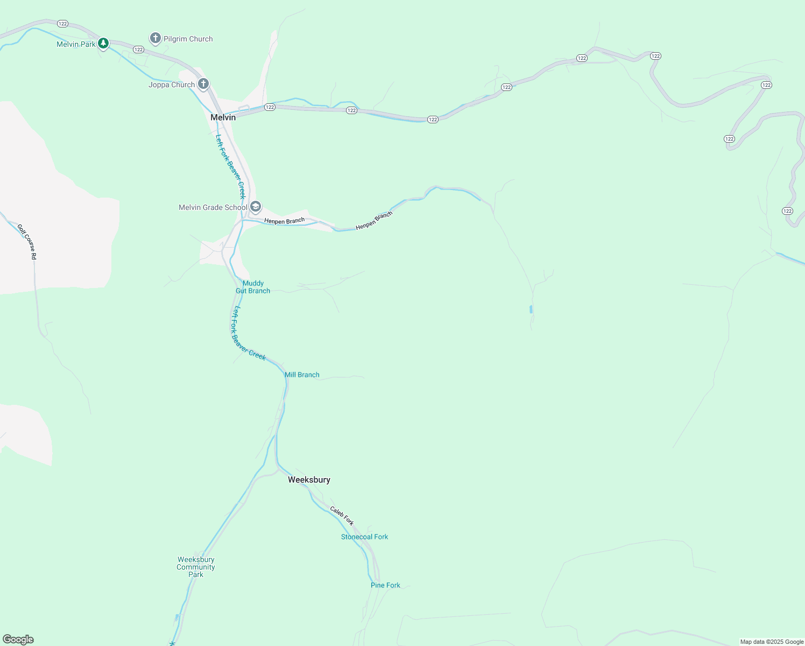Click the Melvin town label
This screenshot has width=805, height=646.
point(223,117)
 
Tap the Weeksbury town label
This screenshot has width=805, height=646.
point(309,480)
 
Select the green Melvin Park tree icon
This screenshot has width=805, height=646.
point(103,44)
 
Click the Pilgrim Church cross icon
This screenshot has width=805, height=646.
point(155,38)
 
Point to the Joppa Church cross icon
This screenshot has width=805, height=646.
point(203,84)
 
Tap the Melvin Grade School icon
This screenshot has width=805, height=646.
point(256,207)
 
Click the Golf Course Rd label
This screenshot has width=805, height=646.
point(27,242)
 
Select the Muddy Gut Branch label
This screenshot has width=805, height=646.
point(253,287)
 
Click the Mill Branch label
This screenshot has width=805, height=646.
point(302,375)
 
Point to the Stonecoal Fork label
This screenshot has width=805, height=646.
point(364,537)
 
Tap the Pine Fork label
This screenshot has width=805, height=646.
point(385,585)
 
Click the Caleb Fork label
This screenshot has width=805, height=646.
point(342,516)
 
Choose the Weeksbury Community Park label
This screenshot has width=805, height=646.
point(196,567)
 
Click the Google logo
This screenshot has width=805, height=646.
point(18,640)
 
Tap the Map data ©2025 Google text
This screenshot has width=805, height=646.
point(772,642)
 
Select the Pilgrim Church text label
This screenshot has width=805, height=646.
point(188,39)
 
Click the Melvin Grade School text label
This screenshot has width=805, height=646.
point(213,207)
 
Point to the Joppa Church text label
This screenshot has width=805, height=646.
point(172,85)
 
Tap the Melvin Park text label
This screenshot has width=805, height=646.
point(76,44)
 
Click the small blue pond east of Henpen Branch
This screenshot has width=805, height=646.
point(531,309)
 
